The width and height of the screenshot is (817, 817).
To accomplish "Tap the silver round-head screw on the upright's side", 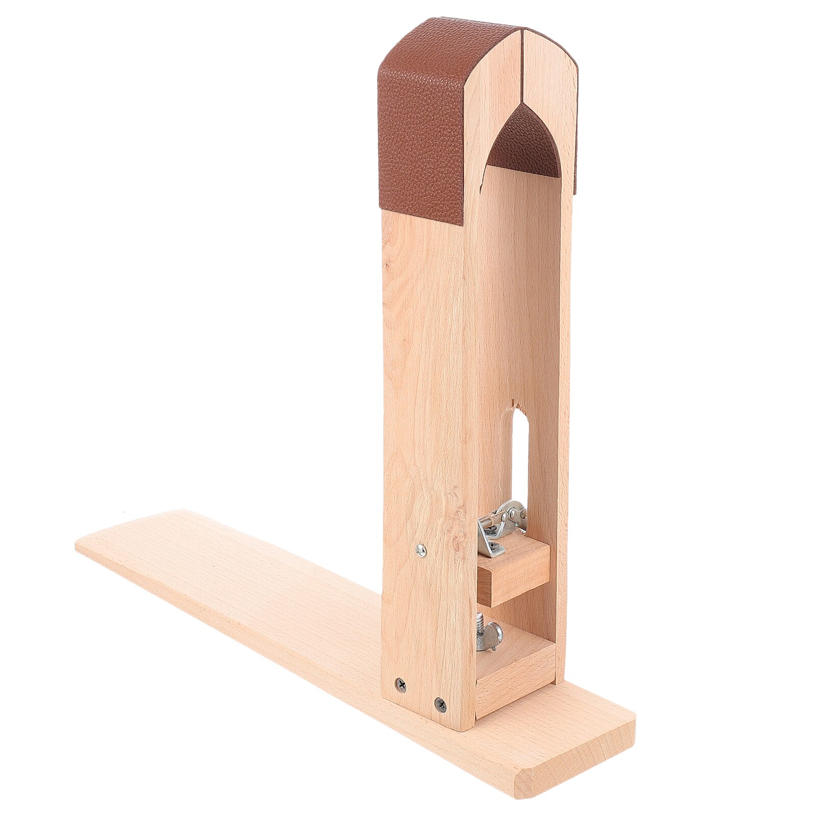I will click(421, 549).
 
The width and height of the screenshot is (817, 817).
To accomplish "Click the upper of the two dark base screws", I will click(401, 685).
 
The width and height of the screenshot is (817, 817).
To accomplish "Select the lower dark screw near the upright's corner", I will click(440, 705).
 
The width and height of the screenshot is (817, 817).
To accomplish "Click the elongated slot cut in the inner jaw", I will click(520, 454).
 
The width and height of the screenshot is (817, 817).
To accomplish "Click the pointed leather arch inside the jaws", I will click(526, 143).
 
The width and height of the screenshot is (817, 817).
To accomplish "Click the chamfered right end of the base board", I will click(620, 746).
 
